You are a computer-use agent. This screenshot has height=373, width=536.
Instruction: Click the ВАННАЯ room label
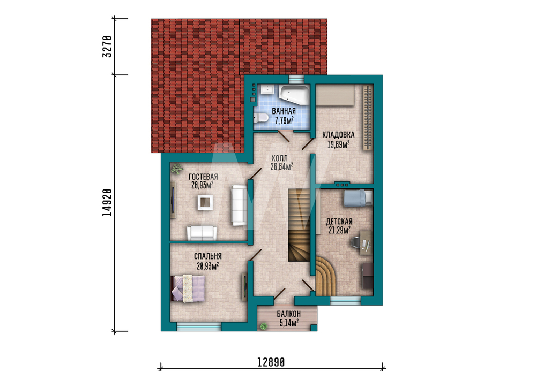284,111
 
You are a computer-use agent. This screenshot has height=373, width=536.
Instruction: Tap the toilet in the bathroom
260,118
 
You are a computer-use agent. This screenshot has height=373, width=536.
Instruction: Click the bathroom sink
267,89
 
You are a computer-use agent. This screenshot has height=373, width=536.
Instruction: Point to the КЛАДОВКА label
338,134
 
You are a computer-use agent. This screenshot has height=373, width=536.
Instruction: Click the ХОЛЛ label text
279,158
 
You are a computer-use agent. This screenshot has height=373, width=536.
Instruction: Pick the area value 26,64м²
282,166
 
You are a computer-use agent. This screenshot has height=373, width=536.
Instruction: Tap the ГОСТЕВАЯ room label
203,177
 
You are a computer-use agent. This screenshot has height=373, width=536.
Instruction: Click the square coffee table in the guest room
205,203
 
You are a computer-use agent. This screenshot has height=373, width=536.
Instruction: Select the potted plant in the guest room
177,169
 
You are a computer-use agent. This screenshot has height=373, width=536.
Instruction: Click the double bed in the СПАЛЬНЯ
188,288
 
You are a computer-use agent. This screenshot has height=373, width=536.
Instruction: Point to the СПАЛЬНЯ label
208,256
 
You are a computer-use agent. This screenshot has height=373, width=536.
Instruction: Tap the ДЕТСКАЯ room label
339,222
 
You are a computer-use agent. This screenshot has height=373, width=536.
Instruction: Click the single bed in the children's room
358,198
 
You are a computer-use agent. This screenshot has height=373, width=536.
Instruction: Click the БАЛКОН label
289,313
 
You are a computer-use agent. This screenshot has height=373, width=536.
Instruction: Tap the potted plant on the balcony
264,326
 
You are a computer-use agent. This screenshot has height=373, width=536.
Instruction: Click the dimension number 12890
271,362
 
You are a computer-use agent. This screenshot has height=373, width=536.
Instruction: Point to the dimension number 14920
107,202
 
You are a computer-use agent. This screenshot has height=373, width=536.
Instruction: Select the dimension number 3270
107,47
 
